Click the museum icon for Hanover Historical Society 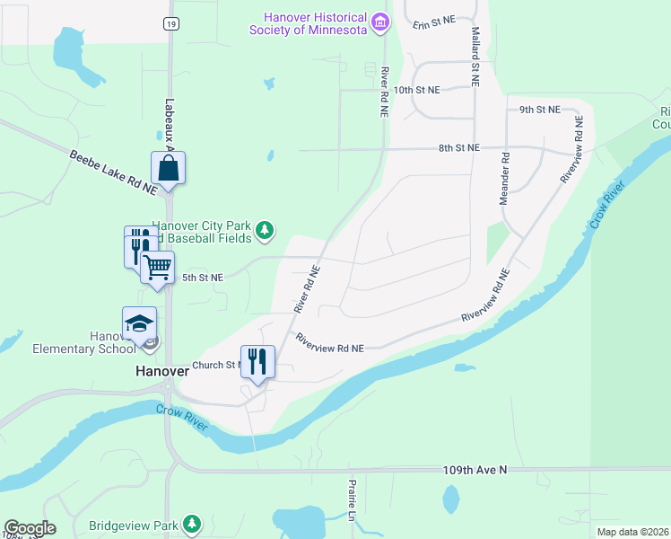point(381,21)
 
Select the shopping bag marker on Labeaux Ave point(169,167)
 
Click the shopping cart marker point(158,267)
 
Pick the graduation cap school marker point(140,323)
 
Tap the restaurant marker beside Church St point(257,362)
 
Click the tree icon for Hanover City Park point(265,231)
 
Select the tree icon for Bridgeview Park point(191,524)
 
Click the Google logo point(30,528)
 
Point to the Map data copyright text point(632,532)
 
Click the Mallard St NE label point(475,56)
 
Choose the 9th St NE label point(539,110)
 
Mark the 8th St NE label point(459,147)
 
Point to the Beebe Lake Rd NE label point(113,172)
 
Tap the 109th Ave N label point(475,470)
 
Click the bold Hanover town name point(161,370)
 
